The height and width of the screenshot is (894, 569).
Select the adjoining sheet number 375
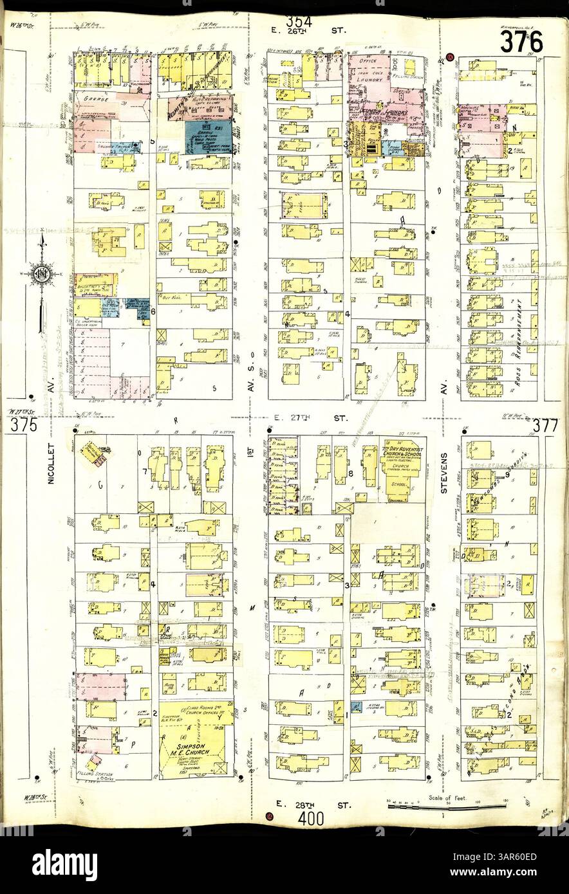pos(23,425)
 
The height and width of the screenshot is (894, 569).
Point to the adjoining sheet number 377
pos(545,425)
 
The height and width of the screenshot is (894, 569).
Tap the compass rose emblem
pos(41,273)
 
